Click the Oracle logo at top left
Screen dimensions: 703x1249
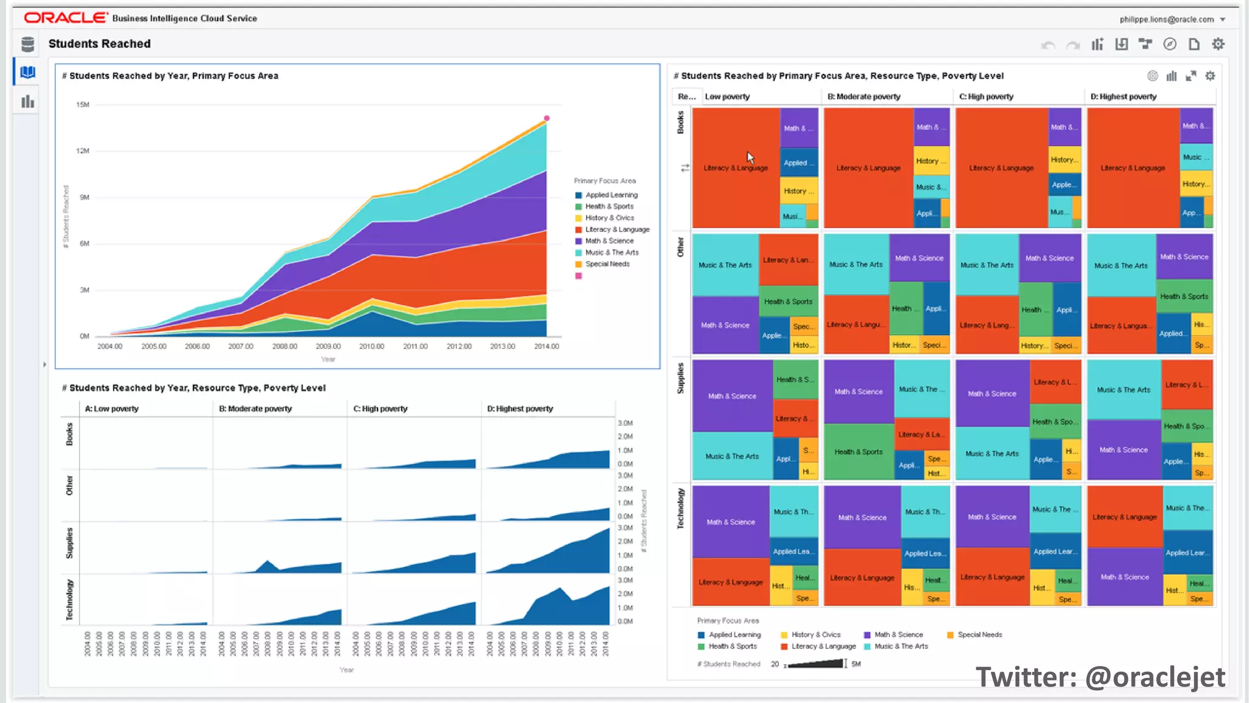65,18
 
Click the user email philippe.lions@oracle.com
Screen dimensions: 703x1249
1166,20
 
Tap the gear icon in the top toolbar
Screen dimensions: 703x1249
1218,44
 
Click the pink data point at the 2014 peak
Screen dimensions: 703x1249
546,118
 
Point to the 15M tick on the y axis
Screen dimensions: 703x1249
83,105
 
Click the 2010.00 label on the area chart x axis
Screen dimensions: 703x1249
371,347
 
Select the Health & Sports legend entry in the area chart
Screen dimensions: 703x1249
609,206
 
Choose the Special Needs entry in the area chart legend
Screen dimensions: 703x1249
607,264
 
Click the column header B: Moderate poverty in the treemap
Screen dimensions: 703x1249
864,96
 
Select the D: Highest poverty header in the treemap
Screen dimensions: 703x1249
1123,96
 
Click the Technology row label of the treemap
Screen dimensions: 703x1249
681,508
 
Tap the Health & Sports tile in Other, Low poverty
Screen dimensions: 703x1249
788,301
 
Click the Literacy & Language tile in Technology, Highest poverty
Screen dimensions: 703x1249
1124,517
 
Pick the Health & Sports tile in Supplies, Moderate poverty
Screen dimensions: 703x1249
858,452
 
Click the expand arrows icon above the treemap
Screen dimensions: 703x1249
1190,76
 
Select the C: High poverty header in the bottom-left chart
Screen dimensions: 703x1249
380,409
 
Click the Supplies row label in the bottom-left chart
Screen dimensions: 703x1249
70,543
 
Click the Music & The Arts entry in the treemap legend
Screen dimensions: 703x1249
900,646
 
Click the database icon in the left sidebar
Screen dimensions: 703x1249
27,44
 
